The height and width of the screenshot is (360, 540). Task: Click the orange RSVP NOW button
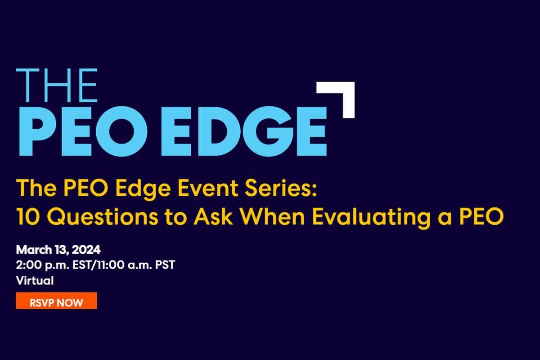pos(56,302)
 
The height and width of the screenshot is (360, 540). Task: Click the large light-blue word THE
pos(57,85)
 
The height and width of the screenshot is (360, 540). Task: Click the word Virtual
pos(35,280)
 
